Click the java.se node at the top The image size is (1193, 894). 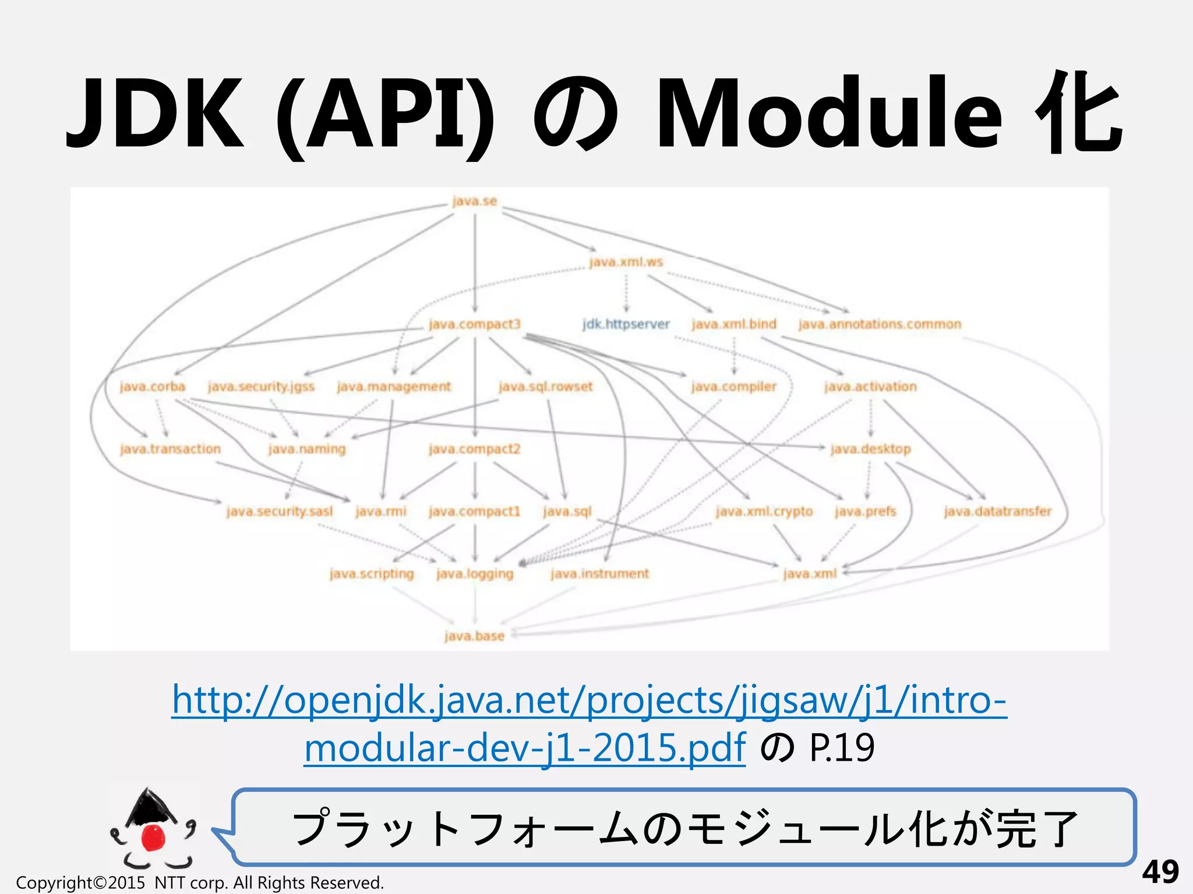pyautogui.click(x=474, y=201)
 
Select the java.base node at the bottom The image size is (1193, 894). pyautogui.click(x=474, y=636)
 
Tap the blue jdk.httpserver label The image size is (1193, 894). pyautogui.click(x=626, y=324)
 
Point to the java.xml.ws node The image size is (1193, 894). pyautogui.click(x=626, y=262)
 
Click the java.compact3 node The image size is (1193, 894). pyautogui.click(x=474, y=324)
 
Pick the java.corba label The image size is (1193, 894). pyautogui.click(x=152, y=386)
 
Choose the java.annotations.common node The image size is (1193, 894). pyautogui.click(x=880, y=324)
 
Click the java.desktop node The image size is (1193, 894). pyautogui.click(x=870, y=449)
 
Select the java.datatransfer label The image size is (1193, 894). pyautogui.click(x=997, y=511)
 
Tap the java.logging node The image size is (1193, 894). pyautogui.click(x=475, y=574)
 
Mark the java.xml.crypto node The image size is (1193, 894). pyautogui.click(x=764, y=511)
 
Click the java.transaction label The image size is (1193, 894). pyautogui.click(x=170, y=449)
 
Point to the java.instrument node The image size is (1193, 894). pyautogui.click(x=599, y=574)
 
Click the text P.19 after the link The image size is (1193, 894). pyautogui.click(x=842, y=748)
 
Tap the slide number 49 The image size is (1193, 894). pyautogui.click(x=1160, y=871)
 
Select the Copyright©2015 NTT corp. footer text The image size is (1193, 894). pyautogui.click(x=200, y=882)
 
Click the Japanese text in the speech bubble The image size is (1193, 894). pyautogui.click(x=685, y=828)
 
